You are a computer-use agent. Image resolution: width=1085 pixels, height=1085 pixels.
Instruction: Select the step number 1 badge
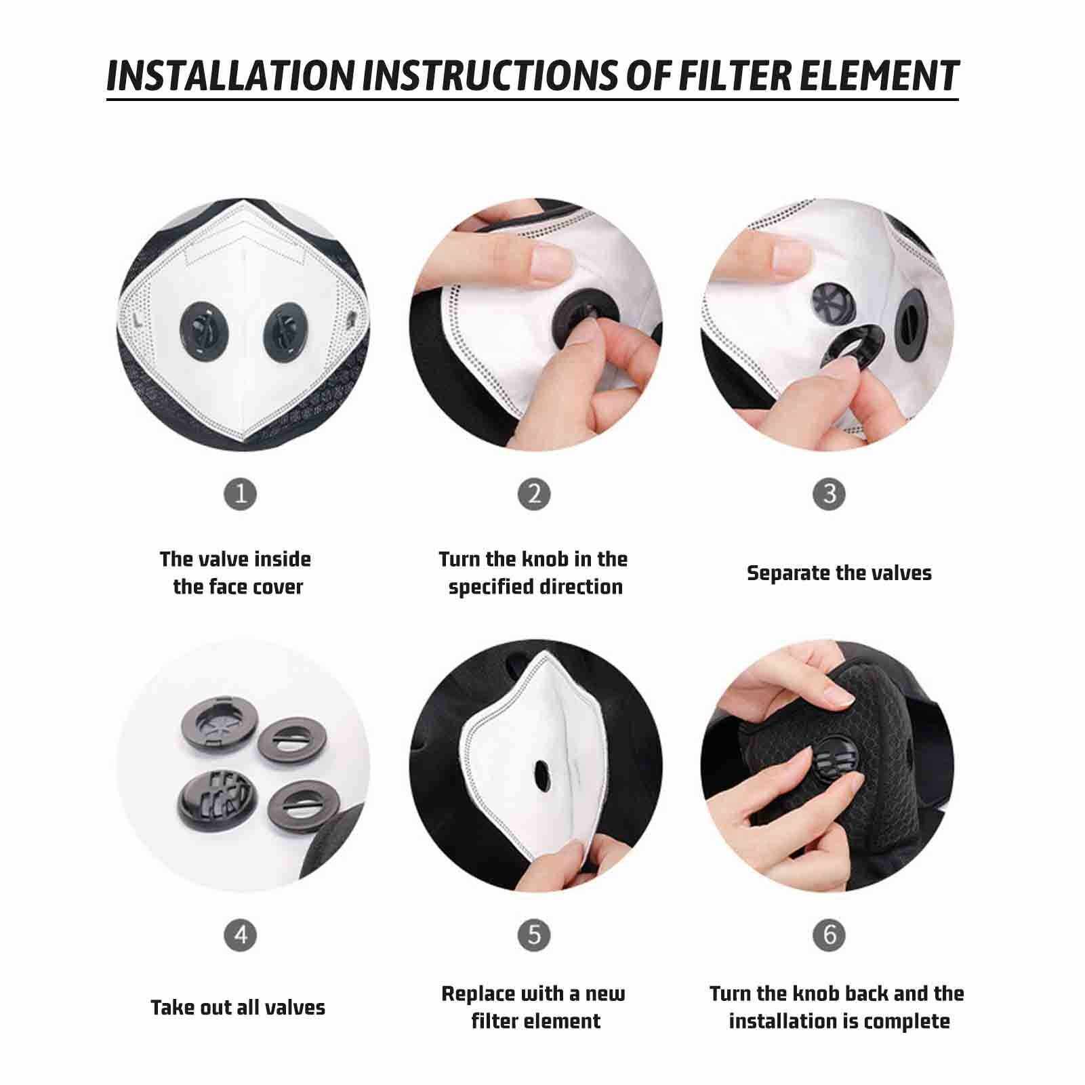[x=241, y=494]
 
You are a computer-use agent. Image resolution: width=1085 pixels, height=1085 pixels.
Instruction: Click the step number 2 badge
[x=535, y=494]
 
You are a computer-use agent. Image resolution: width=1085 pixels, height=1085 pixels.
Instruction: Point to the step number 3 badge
[x=829, y=494]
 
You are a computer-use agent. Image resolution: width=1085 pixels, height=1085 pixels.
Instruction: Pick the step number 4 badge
[x=241, y=935]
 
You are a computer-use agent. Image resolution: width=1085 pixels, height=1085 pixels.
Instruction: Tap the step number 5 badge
[x=535, y=935]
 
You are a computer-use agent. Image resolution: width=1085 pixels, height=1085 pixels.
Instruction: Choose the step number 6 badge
[x=829, y=935]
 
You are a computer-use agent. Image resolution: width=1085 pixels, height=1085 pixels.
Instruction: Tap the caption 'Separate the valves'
[x=839, y=573]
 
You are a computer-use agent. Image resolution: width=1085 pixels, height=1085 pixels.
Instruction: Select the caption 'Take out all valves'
[x=238, y=1008]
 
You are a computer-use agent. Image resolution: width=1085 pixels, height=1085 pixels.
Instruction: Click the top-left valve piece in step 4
[x=219, y=730]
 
